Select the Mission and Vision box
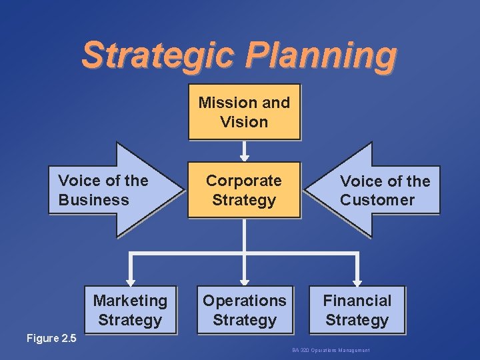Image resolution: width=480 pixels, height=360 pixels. point(244,112)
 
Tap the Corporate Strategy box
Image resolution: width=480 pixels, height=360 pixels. point(244,190)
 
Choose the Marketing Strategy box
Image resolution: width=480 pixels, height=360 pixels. point(130,310)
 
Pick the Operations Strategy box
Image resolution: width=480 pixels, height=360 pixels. point(244,310)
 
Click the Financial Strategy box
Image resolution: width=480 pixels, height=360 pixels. point(357,310)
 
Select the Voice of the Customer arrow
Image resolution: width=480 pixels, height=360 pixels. point(373,190)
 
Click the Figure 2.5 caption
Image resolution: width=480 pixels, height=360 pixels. point(51,338)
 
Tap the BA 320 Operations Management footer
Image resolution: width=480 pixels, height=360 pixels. point(331,351)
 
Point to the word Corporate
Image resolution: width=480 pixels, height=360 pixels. point(244,181)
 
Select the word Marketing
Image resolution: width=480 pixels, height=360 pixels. point(130,301)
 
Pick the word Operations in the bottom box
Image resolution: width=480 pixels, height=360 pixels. point(244,301)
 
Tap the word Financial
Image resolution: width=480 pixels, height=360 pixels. point(357,301)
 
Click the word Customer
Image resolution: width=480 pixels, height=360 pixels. point(377,200)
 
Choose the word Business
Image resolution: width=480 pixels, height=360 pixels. point(93,200)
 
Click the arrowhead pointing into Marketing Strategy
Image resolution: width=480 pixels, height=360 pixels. point(131,282)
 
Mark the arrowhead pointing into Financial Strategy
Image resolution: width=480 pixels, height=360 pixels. point(357,282)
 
